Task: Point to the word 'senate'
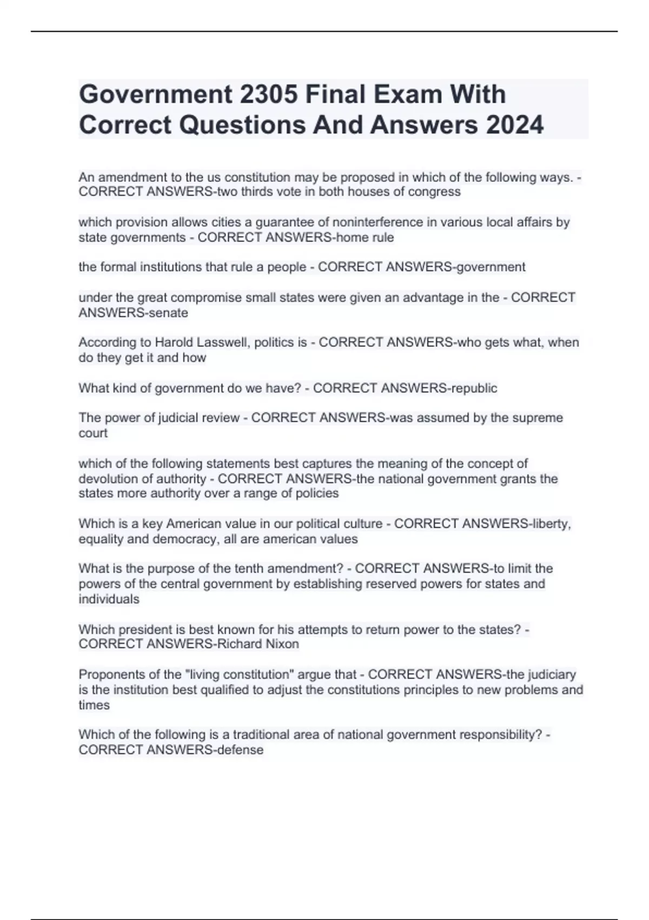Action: tap(170, 313)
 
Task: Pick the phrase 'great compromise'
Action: tap(175, 298)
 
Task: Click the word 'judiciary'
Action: tap(550, 674)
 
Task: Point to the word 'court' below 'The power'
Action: tap(93, 433)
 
